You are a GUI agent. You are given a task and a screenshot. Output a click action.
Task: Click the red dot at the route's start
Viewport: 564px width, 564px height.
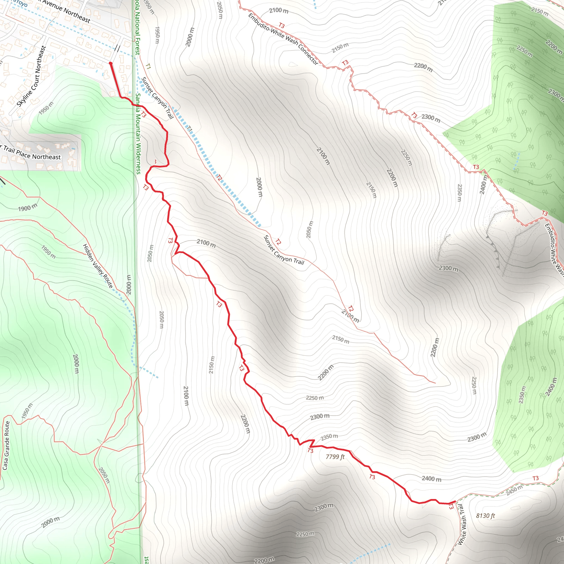tap(110, 63)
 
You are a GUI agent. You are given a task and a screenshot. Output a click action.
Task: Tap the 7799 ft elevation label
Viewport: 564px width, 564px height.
tap(335, 457)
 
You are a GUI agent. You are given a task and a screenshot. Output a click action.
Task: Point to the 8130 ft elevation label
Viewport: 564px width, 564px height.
tap(485, 516)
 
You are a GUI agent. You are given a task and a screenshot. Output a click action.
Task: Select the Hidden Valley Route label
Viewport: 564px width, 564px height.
tap(98, 266)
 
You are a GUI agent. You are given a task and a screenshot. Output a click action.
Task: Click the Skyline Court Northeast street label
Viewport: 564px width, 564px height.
tap(31, 77)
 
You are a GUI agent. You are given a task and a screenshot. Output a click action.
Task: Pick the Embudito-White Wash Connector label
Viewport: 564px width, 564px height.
tap(283, 39)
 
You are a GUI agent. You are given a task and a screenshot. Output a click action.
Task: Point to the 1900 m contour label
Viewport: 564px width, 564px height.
tap(28, 208)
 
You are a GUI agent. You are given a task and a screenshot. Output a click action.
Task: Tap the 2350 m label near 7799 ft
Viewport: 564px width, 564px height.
tap(329, 437)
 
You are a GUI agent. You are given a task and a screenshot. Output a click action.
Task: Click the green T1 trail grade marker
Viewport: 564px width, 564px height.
tap(148, 67)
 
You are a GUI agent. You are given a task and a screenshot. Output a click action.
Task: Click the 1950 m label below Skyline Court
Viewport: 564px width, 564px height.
tap(46, 108)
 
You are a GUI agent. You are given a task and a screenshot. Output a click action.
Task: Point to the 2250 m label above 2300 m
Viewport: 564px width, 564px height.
tap(315, 398)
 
